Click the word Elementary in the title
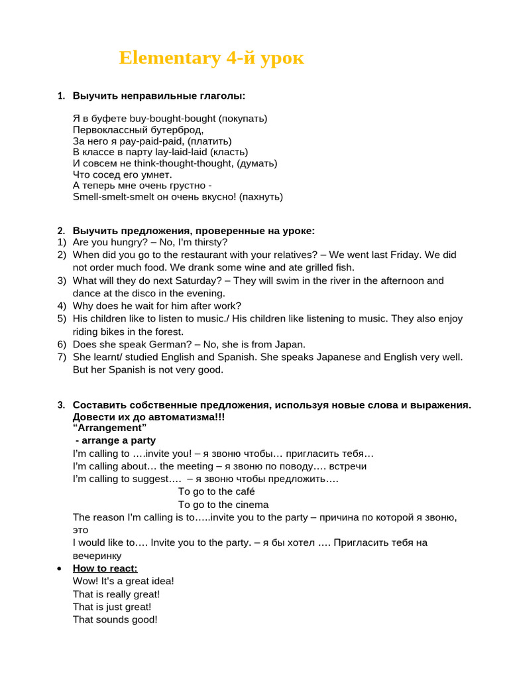tap(169, 58)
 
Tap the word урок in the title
tap(281, 58)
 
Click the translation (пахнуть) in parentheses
tap(261, 197)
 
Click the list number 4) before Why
tap(61, 306)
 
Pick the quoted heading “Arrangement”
tap(109, 428)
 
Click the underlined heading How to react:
tap(105, 569)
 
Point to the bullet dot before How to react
tap(60, 569)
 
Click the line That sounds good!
tap(115, 620)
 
